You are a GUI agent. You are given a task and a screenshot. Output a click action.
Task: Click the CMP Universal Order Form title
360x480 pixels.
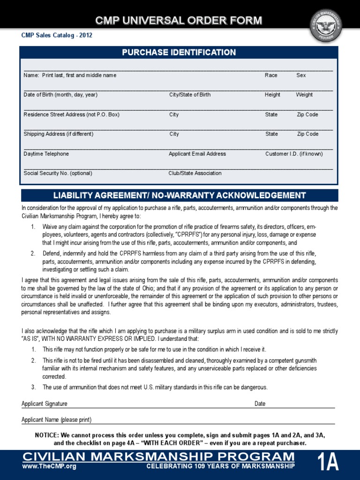179,21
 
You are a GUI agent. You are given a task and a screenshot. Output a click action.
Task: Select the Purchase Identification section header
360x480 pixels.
179,52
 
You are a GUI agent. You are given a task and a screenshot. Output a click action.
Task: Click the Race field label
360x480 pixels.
271,75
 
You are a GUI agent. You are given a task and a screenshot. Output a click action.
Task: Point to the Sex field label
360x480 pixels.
301,75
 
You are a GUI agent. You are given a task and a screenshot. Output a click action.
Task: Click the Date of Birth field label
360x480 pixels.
60,95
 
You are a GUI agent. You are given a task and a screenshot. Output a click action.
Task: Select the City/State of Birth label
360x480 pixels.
190,95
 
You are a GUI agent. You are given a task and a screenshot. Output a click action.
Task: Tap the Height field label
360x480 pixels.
272,95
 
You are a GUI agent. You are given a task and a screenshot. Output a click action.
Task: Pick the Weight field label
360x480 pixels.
304,95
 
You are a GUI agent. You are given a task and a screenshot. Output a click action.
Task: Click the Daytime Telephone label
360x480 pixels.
46,154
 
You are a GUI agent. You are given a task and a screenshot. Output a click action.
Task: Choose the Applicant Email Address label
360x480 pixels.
197,154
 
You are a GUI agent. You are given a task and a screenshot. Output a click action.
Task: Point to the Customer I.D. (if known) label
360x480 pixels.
294,154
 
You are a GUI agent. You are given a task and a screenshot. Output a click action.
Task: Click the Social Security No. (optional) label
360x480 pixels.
58,173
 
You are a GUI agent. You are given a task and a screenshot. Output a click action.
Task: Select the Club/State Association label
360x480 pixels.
195,173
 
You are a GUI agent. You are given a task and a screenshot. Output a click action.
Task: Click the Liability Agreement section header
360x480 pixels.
180,195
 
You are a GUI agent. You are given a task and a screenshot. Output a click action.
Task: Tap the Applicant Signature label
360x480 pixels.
45,404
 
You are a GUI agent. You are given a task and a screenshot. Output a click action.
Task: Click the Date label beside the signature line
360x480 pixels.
260,404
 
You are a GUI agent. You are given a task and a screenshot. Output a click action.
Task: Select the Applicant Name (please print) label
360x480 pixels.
56,420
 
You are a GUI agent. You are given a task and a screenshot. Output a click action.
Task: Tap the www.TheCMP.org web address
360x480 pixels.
49,466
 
